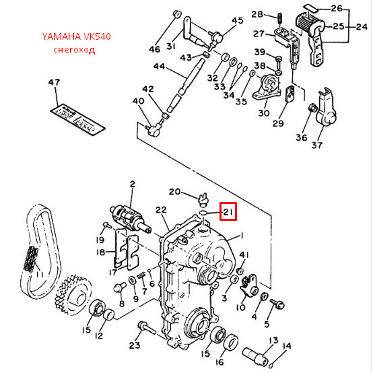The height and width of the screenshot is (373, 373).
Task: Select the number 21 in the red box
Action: pos(228,213)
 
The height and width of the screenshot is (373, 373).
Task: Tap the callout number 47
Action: pos(54,83)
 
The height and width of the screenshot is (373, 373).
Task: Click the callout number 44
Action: pos(159,67)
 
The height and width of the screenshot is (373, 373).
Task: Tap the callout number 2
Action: pos(133,183)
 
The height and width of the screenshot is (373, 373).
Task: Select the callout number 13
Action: pos(274,340)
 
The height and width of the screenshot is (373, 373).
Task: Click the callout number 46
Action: pos(155,49)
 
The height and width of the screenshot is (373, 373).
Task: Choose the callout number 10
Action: pos(240,307)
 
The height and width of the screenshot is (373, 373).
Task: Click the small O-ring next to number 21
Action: pos(203,213)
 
